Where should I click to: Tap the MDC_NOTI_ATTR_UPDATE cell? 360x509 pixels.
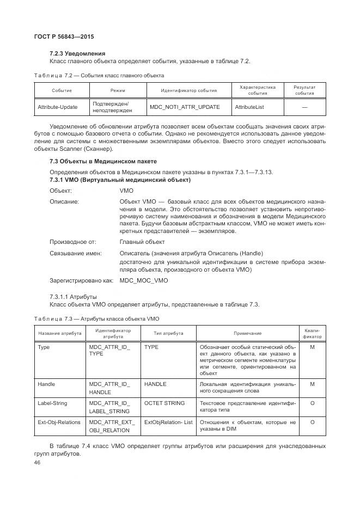[185, 107]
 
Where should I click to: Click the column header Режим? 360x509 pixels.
[118, 90]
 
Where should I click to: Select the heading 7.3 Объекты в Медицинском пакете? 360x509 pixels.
[103, 162]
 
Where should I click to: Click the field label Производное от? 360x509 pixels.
[72, 242]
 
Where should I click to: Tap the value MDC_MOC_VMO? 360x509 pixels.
[144, 280]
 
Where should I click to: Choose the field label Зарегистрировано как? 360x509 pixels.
[81, 280]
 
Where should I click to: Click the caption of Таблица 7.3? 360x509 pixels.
[96, 318]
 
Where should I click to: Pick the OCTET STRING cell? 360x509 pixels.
[164, 403]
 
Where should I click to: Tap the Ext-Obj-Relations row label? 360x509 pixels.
[59, 422]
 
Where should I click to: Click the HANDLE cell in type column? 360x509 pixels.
[155, 384]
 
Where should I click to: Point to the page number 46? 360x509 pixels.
[38, 462]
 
